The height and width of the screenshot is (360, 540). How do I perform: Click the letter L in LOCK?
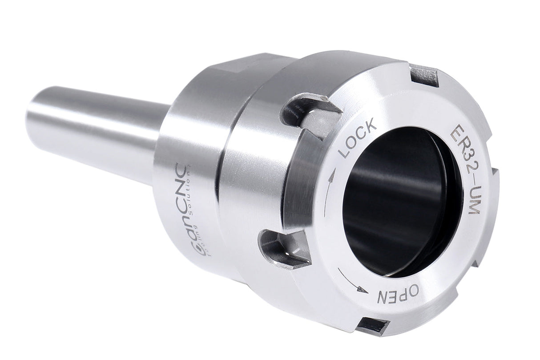(x=345, y=153)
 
